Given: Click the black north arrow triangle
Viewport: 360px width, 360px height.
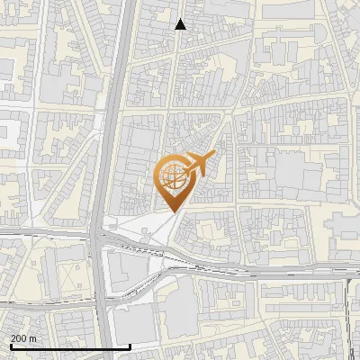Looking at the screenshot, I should (x=180, y=24).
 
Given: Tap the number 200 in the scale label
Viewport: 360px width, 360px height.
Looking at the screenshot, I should (x=20, y=338).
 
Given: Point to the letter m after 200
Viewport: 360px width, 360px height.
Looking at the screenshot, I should (x=33, y=338).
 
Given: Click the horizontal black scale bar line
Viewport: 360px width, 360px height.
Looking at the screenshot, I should (x=70, y=346).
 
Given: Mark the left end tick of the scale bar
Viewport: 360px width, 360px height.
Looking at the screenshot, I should (x=11, y=346).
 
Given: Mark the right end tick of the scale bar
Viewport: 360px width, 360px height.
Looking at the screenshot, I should (x=130, y=346).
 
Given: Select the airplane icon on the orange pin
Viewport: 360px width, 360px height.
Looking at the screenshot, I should (x=197, y=165).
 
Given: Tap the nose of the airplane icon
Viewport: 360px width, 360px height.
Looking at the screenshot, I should (x=212, y=155).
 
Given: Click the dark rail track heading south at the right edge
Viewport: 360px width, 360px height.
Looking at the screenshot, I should (x=347, y=315).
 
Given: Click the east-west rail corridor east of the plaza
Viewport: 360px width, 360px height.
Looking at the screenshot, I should (x=270, y=271).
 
